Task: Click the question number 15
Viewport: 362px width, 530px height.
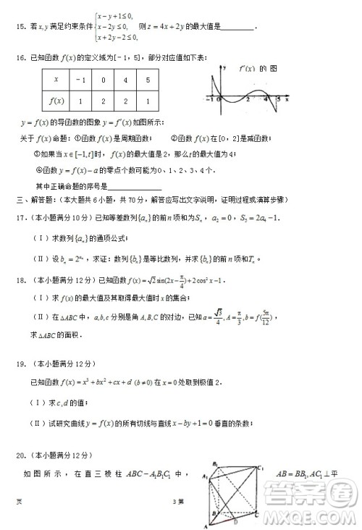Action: click(x=19, y=28)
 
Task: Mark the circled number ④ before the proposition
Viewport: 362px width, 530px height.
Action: click(x=40, y=171)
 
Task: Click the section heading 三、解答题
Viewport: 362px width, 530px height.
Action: click(x=34, y=199)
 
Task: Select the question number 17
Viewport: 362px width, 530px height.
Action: click(x=20, y=216)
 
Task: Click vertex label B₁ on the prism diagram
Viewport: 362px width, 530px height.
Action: click(x=215, y=464)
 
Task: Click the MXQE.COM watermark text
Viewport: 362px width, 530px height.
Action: click(x=312, y=515)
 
